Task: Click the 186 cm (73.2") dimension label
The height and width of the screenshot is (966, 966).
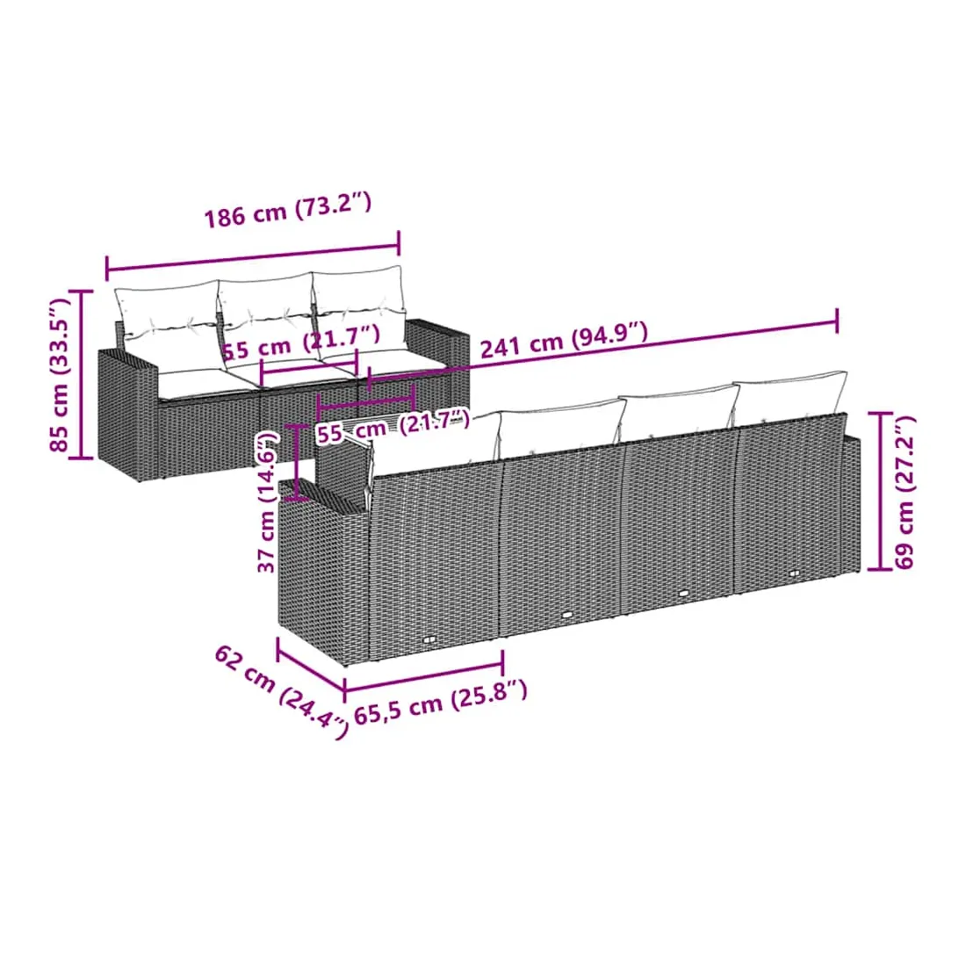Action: click(288, 210)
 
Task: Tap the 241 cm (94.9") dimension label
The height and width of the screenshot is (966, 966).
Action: click(564, 340)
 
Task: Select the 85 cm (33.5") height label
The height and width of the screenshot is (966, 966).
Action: click(60, 375)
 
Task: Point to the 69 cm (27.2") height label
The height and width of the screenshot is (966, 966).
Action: click(904, 493)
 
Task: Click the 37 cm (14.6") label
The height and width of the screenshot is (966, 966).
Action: click(267, 501)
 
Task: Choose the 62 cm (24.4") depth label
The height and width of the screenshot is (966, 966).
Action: click(281, 691)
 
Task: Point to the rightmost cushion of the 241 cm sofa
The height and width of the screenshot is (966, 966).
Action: click(790, 396)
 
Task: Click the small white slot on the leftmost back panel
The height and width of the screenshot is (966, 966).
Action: click(430, 639)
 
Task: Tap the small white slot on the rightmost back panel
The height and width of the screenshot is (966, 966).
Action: click(794, 573)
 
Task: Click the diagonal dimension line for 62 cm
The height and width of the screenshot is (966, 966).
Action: click(311, 665)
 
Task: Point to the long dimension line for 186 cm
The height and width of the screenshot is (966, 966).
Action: click(253, 257)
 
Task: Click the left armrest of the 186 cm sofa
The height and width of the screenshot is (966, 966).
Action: click(128, 413)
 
